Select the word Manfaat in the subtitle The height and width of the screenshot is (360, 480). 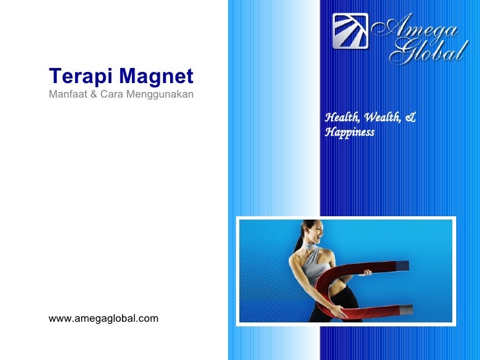point(67,94)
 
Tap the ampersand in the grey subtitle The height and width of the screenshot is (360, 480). point(94,94)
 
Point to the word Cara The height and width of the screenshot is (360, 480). point(111,94)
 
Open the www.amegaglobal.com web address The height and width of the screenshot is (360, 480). point(104,319)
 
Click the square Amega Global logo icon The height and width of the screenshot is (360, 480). point(350,31)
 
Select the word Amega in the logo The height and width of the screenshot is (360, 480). point(416,26)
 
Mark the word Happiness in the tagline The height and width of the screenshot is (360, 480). point(349,133)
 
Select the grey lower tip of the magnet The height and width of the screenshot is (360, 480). point(405,309)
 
